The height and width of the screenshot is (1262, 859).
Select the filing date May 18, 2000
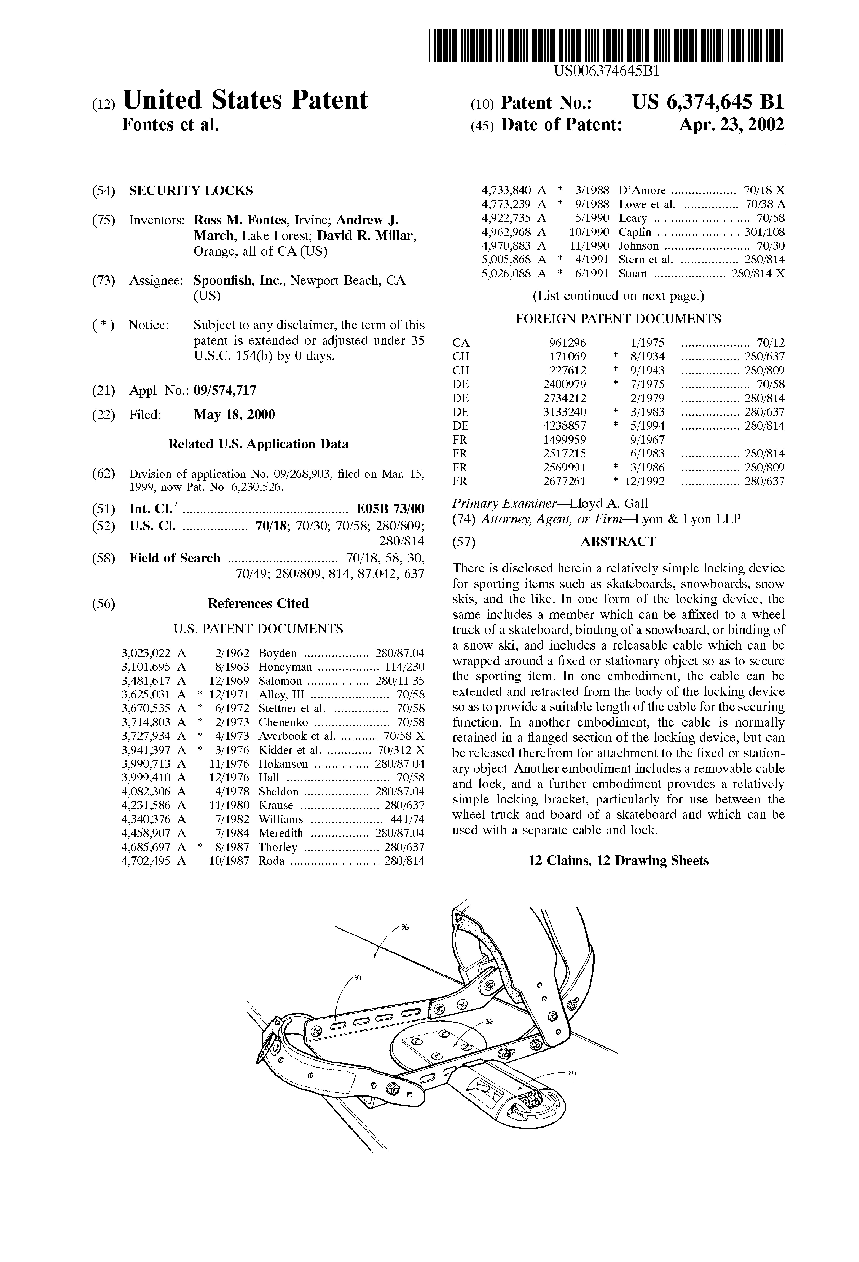pos(234,415)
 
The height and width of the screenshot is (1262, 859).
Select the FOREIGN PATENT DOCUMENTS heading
pos(618,319)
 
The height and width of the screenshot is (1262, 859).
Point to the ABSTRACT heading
pos(618,541)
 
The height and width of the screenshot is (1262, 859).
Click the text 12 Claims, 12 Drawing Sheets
pos(618,861)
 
